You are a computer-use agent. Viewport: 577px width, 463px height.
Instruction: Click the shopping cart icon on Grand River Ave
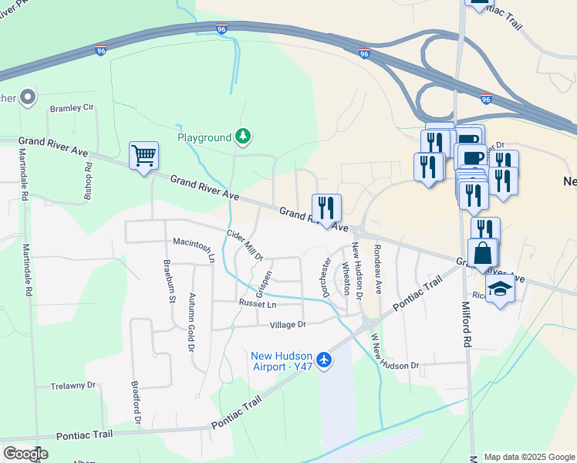point(143,156)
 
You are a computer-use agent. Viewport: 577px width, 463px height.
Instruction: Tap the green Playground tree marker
point(244,137)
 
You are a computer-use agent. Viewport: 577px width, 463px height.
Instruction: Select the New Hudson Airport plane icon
point(324,360)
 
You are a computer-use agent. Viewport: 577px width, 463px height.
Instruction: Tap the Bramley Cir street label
point(72,109)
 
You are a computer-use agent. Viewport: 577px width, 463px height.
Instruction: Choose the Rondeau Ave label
point(378,269)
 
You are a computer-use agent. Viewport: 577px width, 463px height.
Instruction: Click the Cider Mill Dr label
point(245,245)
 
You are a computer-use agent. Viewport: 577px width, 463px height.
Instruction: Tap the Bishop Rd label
point(89,177)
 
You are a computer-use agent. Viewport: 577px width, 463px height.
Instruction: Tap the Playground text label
point(204,137)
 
